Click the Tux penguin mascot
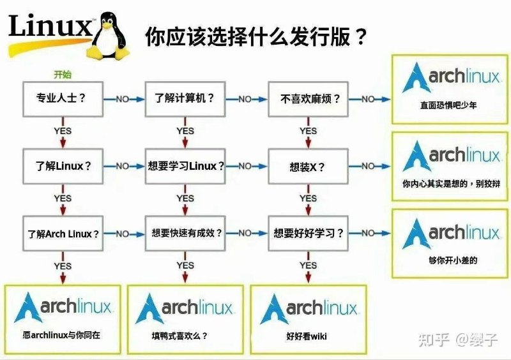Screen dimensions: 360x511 111,37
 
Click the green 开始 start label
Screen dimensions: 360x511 63,75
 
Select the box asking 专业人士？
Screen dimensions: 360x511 61,99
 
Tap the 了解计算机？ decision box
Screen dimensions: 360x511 185,99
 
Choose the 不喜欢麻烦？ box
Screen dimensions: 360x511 307,99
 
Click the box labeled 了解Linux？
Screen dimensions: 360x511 61,166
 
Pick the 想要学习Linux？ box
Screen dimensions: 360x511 185,166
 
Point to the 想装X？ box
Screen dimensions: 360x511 307,166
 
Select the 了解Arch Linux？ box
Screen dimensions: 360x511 61,234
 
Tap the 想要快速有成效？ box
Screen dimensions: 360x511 185,234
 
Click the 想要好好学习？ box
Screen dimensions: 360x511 307,234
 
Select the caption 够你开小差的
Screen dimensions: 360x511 448,260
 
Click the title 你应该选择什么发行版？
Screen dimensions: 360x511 256,37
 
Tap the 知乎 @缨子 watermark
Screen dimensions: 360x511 457,340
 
